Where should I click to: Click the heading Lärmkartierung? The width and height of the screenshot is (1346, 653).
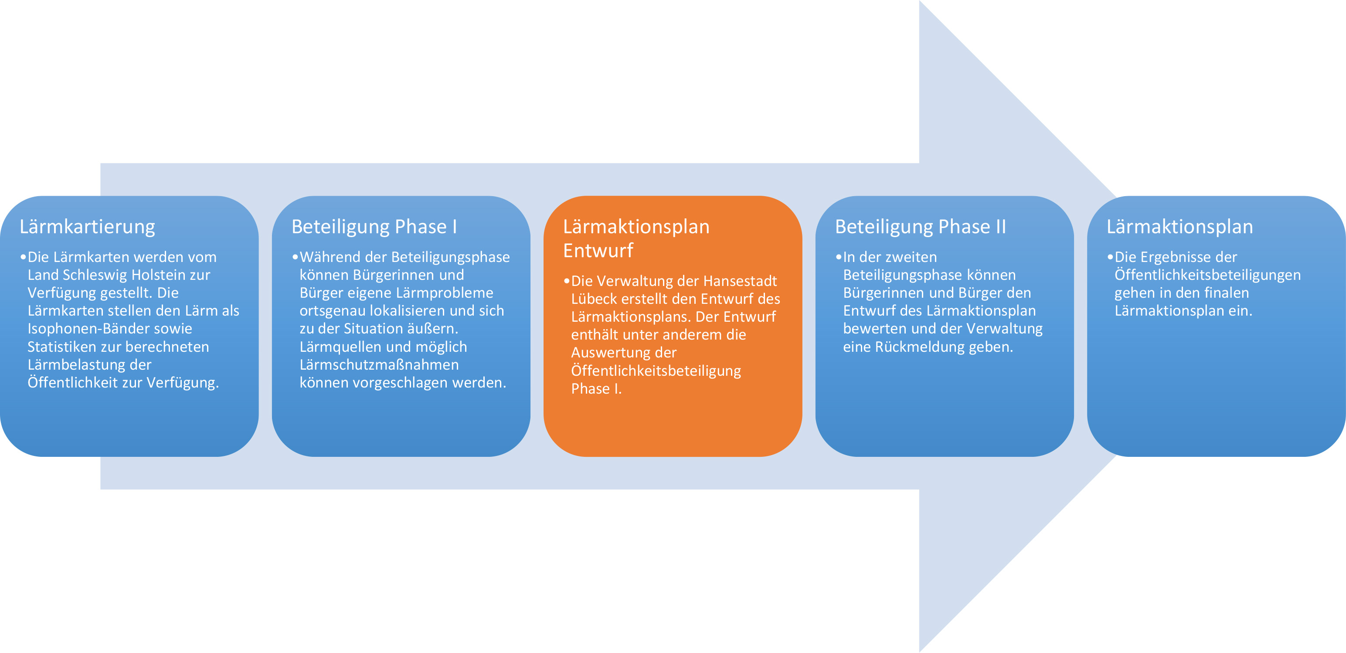(x=87, y=227)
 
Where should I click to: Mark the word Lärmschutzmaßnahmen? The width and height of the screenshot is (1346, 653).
(x=379, y=364)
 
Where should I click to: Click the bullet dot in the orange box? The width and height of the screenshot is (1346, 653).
(x=566, y=281)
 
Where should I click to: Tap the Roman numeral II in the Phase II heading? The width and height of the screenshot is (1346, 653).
(x=1000, y=227)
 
